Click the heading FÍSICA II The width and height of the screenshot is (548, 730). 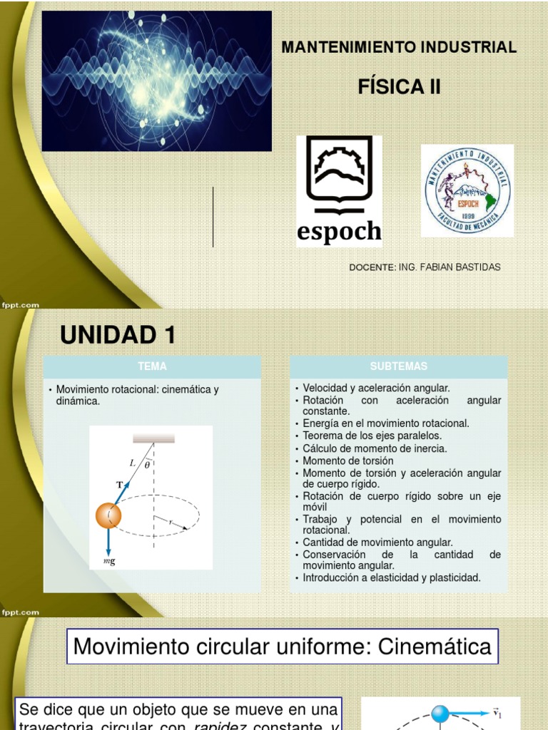(399, 87)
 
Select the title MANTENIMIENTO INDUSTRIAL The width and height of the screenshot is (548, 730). (399, 48)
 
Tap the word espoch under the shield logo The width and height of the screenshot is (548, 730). (339, 232)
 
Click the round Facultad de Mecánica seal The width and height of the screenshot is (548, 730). (467, 190)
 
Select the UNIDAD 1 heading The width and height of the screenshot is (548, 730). (118, 334)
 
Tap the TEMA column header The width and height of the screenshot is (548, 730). (152, 366)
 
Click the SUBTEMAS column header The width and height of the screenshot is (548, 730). (399, 366)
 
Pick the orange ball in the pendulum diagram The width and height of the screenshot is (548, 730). (108, 515)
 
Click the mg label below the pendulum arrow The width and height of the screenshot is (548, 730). (109, 562)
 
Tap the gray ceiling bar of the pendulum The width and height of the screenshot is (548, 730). (153, 438)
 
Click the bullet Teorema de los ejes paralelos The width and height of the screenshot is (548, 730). (372, 436)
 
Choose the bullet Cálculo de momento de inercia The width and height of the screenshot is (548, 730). (375, 448)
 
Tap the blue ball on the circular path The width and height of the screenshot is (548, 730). (440, 714)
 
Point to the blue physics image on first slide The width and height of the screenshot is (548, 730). (156, 81)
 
